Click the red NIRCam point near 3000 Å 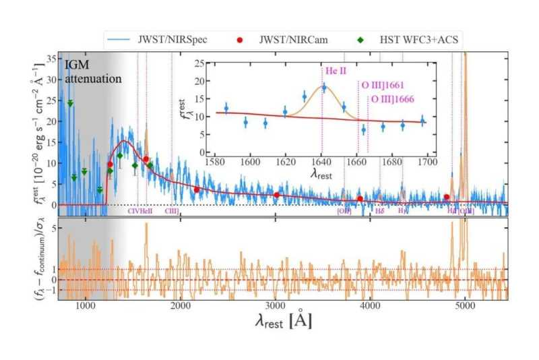276,195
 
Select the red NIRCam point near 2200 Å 197,190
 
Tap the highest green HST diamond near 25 70,103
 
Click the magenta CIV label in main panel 134,211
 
